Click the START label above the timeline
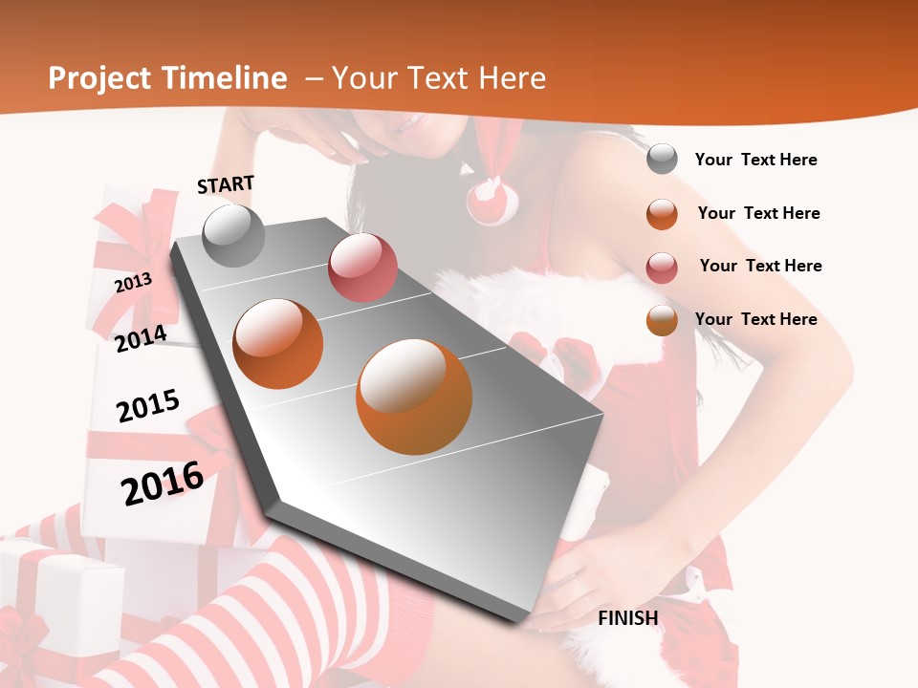point(226,184)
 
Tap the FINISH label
point(627,618)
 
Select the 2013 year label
point(133,283)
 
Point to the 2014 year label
point(141,338)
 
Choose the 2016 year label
point(163,483)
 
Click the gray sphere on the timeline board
point(233,236)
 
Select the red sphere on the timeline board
point(362,267)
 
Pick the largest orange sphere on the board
point(414,396)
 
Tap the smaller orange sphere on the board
point(278,343)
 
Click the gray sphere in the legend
point(662,159)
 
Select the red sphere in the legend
point(662,268)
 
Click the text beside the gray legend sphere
point(755,161)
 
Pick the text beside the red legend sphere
point(760,266)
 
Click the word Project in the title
point(99,78)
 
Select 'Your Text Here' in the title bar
point(438,78)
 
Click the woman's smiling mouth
point(414,125)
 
